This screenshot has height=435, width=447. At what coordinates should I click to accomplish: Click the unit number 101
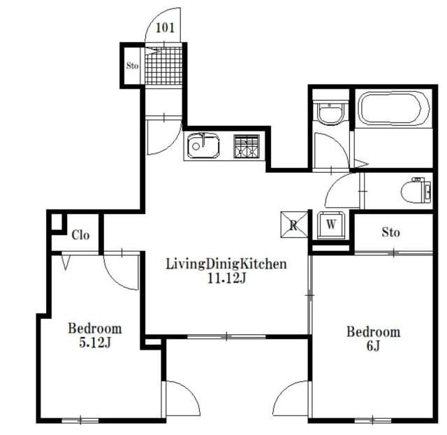(165, 28)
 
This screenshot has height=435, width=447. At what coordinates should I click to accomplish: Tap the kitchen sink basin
(203, 146)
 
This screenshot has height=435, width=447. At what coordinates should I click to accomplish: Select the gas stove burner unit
(247, 146)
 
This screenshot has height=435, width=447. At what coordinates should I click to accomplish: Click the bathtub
(394, 108)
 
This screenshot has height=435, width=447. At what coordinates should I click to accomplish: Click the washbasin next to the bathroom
(330, 113)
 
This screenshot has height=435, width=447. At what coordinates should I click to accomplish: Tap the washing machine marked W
(330, 225)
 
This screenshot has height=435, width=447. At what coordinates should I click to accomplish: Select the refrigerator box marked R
(294, 224)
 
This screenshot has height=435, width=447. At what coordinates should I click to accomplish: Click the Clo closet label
(80, 235)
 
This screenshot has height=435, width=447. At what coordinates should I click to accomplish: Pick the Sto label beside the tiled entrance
(132, 66)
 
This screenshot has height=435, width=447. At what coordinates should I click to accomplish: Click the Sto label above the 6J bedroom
(390, 232)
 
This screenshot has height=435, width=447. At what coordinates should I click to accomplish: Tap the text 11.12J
(226, 278)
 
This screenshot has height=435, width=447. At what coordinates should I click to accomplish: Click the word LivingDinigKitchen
(226, 264)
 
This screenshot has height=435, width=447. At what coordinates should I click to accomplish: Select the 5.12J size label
(95, 343)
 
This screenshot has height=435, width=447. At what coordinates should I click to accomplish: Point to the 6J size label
(373, 346)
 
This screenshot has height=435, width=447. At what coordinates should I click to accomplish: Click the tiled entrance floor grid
(163, 66)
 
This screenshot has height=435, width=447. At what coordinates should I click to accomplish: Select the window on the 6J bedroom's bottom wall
(372, 420)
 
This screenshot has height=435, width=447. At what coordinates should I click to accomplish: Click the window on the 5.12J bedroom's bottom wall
(80, 420)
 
